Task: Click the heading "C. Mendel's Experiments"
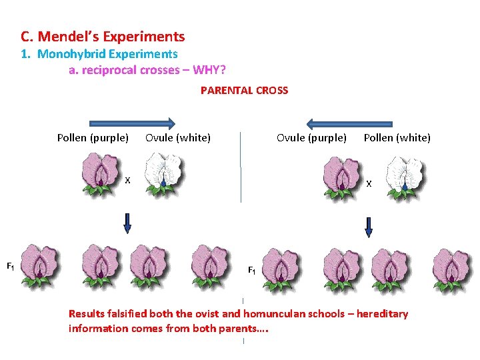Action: [103, 37]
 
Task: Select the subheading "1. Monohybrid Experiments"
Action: [107, 54]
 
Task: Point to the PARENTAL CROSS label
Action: [244, 90]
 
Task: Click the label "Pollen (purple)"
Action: [93, 138]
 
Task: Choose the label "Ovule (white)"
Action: [178, 138]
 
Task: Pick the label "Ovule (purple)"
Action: [311, 138]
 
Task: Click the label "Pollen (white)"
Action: [397, 138]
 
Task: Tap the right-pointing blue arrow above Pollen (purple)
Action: [132, 123]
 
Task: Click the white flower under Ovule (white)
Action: [163, 173]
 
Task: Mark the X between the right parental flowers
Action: [369, 184]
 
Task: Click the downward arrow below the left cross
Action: [128, 223]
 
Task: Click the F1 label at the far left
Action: [11, 267]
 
